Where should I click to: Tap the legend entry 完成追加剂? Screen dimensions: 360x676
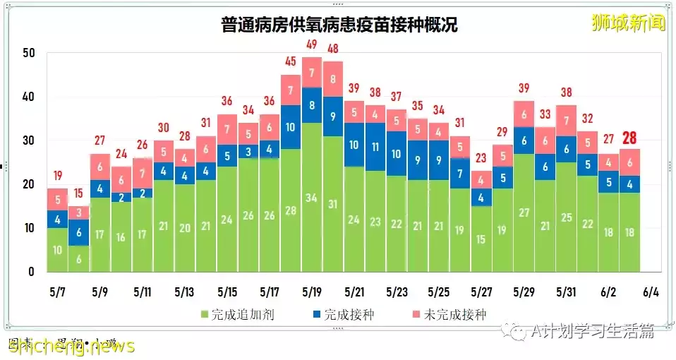(x=236, y=314)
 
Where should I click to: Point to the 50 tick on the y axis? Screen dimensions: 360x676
(x=28, y=54)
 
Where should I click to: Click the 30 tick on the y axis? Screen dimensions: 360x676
(x=28, y=140)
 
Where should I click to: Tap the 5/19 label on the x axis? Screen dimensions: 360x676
(x=311, y=292)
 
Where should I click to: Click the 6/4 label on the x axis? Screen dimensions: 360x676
(x=650, y=292)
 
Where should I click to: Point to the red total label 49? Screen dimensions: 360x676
(x=312, y=45)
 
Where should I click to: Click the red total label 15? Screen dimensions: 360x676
(x=78, y=193)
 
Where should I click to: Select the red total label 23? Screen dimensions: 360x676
(x=481, y=159)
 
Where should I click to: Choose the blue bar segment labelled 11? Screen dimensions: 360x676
(x=375, y=148)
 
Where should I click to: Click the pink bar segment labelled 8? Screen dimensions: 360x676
(x=333, y=79)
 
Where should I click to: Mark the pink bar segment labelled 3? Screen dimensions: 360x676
(x=78, y=212)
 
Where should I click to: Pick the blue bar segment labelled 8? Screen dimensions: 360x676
(x=312, y=105)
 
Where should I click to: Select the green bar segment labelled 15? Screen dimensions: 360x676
(x=481, y=239)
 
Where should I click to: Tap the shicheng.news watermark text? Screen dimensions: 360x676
(x=71, y=345)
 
